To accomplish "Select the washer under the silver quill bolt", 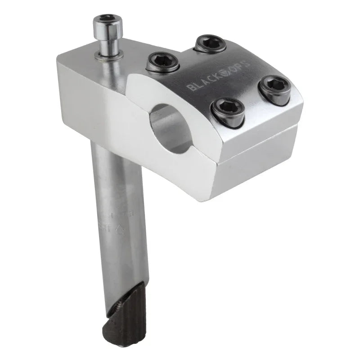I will coord(109,54).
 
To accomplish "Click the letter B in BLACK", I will coord(190,87).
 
